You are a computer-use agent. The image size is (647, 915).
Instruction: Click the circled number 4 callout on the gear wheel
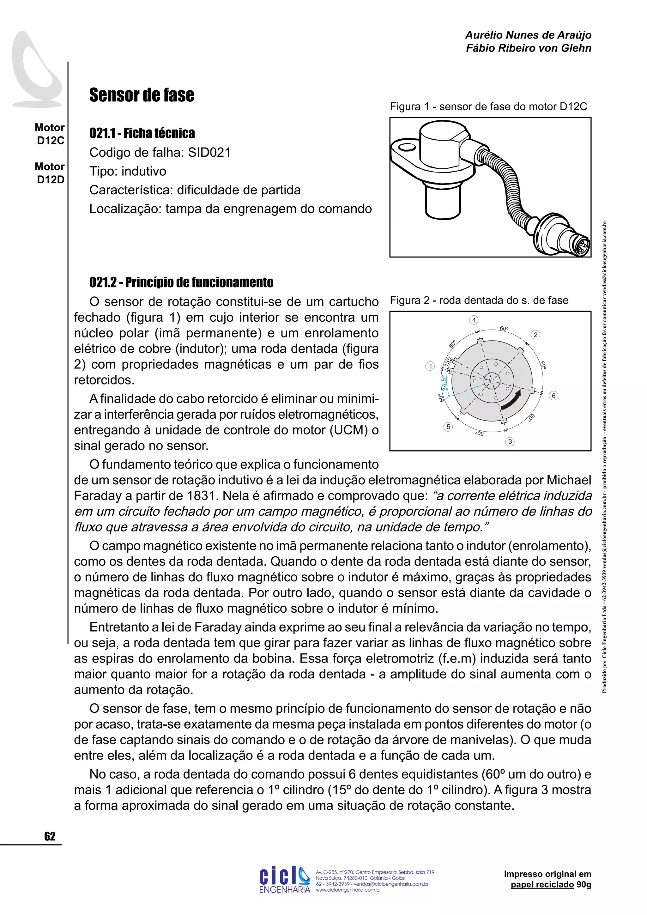474,320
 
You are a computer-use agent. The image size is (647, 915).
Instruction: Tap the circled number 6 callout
553,396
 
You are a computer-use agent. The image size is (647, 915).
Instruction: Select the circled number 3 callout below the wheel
510,442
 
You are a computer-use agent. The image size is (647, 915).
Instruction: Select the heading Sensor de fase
142,95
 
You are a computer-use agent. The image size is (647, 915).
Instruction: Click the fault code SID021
209,153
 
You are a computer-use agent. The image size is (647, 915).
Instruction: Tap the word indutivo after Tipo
144,171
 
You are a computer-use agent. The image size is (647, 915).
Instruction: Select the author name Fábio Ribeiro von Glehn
528,48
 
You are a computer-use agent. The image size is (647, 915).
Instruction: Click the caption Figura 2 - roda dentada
479,300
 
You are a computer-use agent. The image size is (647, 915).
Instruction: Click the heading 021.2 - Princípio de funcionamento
181,282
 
